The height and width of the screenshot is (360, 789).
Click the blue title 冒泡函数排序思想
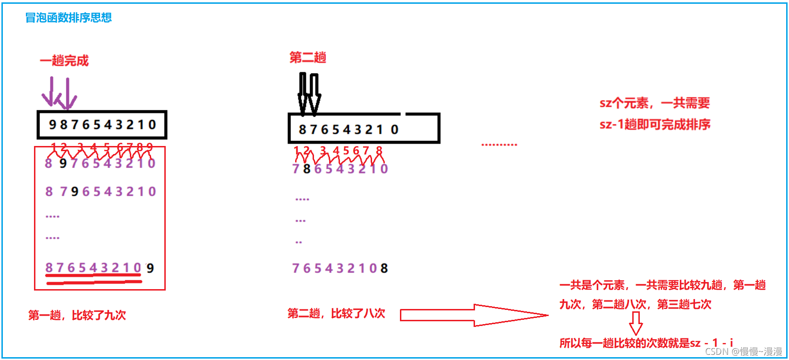tap(68, 18)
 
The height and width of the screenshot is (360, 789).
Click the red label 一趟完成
tap(64, 61)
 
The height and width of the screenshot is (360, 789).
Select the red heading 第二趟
tap(308, 58)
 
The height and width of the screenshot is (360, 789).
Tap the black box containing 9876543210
tap(102, 125)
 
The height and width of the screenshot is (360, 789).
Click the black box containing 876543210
tap(364, 129)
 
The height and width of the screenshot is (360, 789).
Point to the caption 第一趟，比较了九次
tap(77, 315)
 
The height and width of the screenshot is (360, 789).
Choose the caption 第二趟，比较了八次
tap(336, 313)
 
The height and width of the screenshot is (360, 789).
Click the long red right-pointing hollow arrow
tap(474, 315)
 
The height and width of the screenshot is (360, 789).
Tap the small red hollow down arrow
tap(636, 323)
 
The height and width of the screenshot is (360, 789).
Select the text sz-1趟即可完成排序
tap(655, 124)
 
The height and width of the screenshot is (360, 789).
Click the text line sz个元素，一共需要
tap(654, 103)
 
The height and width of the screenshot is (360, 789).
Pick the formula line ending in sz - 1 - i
tap(646, 343)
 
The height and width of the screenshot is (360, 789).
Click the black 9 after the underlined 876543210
tap(150, 268)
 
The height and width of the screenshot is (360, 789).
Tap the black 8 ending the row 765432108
tap(384, 268)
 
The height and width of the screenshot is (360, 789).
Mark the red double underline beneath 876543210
tap(94, 282)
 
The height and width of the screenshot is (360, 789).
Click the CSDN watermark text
tap(743, 351)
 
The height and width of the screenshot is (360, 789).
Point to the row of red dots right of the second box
tap(499, 145)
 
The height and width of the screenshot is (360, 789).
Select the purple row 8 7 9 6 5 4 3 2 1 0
tap(101, 192)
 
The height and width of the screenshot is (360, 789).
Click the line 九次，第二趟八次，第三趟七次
tap(635, 305)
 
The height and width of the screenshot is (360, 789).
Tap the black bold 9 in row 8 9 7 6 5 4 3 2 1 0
tap(63, 163)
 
